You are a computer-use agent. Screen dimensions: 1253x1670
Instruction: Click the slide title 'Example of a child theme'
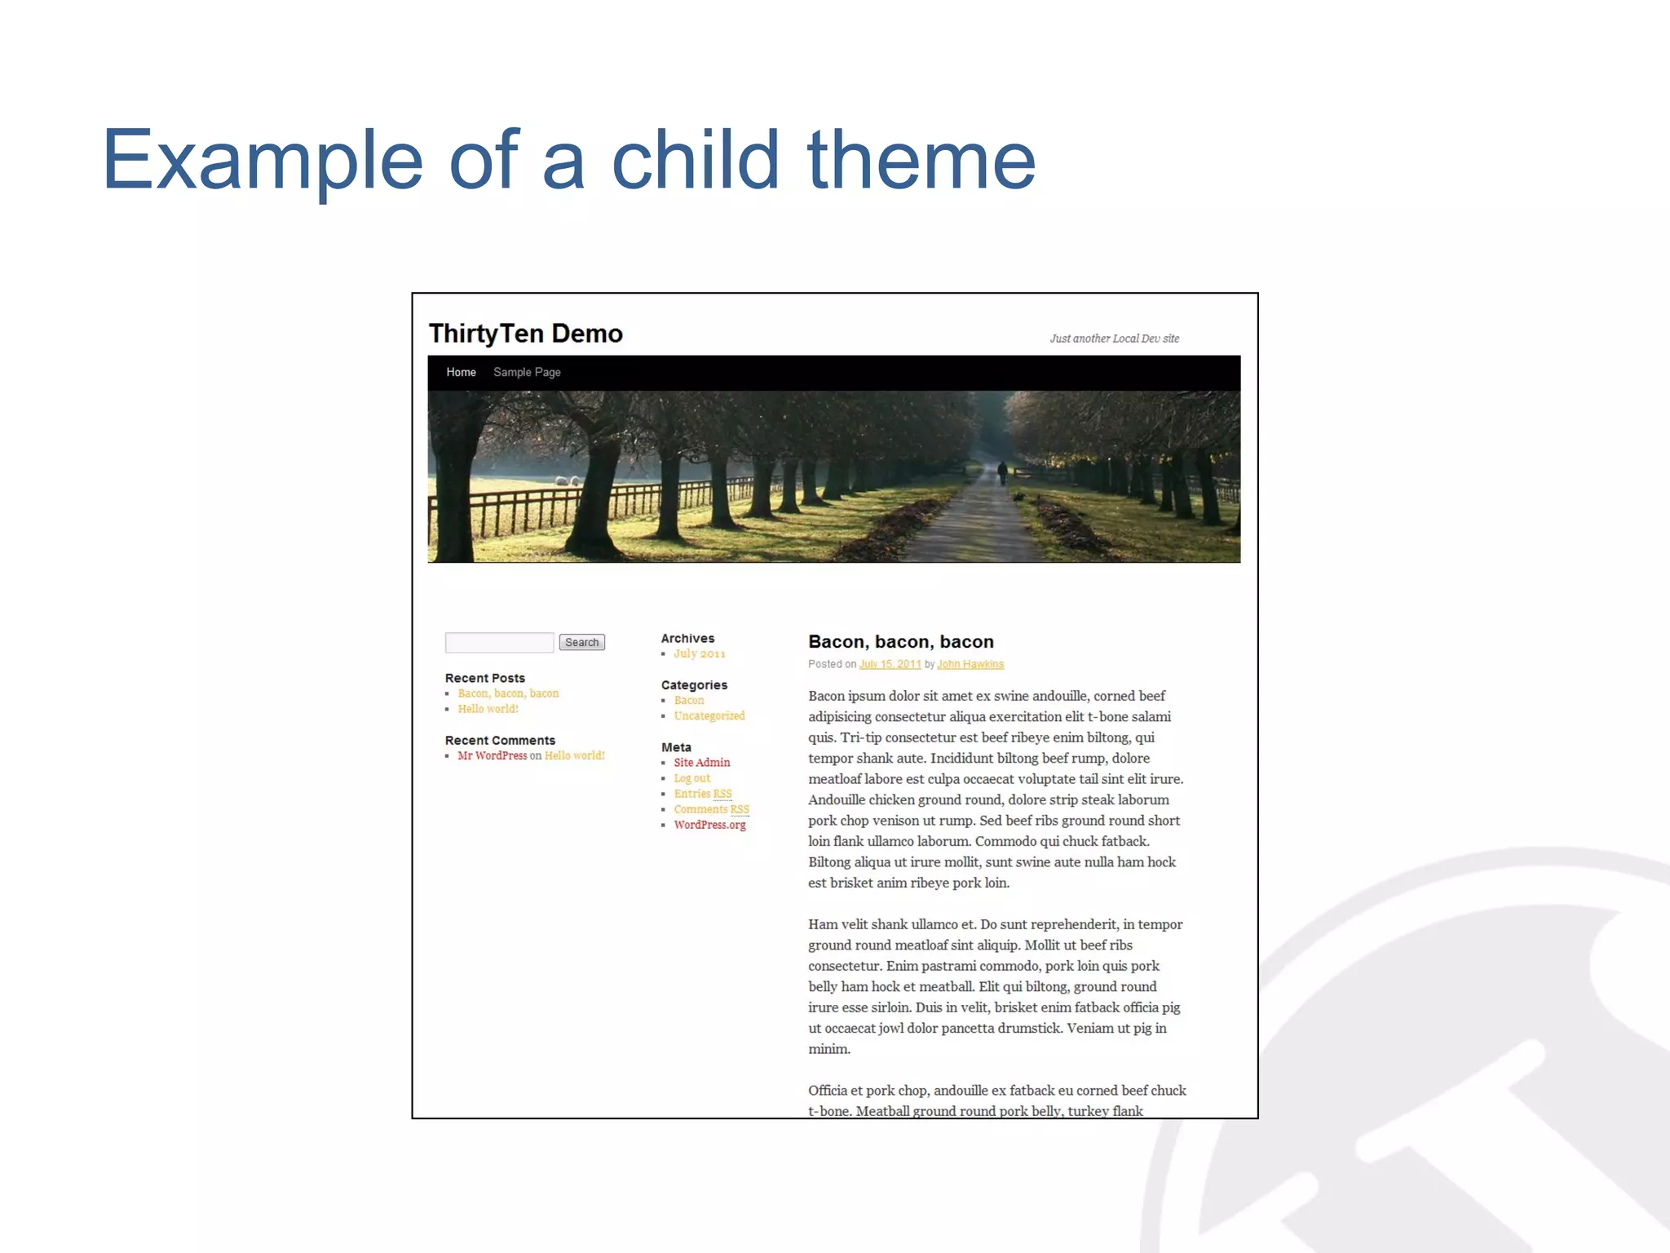[x=568, y=161]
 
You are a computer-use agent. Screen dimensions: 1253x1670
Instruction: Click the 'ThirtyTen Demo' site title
[x=526, y=334]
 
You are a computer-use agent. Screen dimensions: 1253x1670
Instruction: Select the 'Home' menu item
[x=461, y=372]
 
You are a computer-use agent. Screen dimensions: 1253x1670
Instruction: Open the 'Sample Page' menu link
[x=527, y=372]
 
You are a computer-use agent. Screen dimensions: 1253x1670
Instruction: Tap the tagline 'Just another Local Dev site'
[x=1114, y=339]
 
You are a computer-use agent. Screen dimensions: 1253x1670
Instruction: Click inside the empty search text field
[x=499, y=643]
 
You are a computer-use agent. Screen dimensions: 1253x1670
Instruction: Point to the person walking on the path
[x=1002, y=472]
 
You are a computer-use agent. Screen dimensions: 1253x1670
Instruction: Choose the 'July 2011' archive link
[x=699, y=653]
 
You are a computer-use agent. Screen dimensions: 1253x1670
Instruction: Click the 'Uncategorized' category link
[x=709, y=716]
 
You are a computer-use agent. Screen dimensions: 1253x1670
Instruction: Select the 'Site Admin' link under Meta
[x=701, y=763]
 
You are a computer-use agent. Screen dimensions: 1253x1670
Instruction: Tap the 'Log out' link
[x=691, y=778]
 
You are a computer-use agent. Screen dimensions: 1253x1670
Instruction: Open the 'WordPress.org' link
[x=709, y=825]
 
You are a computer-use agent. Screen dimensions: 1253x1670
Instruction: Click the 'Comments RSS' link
[x=711, y=809]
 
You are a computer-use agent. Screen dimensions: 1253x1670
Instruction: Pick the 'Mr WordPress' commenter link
[x=492, y=755]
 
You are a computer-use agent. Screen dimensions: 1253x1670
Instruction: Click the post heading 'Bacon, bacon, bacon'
[x=900, y=642]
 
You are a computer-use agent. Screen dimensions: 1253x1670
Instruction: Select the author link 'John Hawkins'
[x=970, y=664]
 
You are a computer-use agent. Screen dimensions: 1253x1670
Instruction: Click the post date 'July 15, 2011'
[x=890, y=664]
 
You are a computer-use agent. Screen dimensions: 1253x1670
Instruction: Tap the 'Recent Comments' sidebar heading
[x=500, y=741]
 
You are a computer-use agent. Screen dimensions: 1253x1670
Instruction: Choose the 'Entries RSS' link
[x=702, y=794]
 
